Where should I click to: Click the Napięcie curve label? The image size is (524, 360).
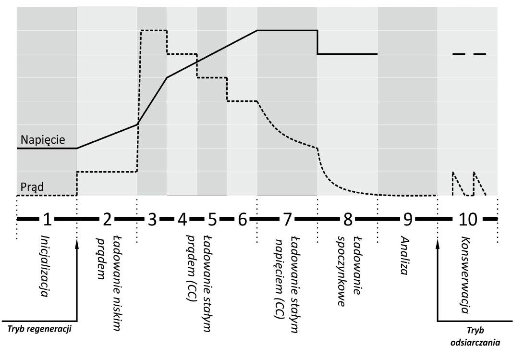point(42,140)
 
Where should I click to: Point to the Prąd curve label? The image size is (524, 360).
point(32,186)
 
